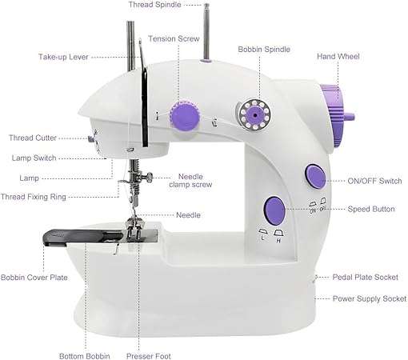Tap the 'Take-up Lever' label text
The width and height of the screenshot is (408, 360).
[63, 57]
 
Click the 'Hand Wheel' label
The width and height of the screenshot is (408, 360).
[338, 57]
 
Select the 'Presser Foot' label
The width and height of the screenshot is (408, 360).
[149, 356]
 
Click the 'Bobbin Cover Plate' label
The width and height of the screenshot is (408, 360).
[34, 278]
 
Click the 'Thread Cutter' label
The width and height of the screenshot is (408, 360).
[33, 138]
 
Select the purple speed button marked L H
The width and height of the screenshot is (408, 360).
[273, 210]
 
